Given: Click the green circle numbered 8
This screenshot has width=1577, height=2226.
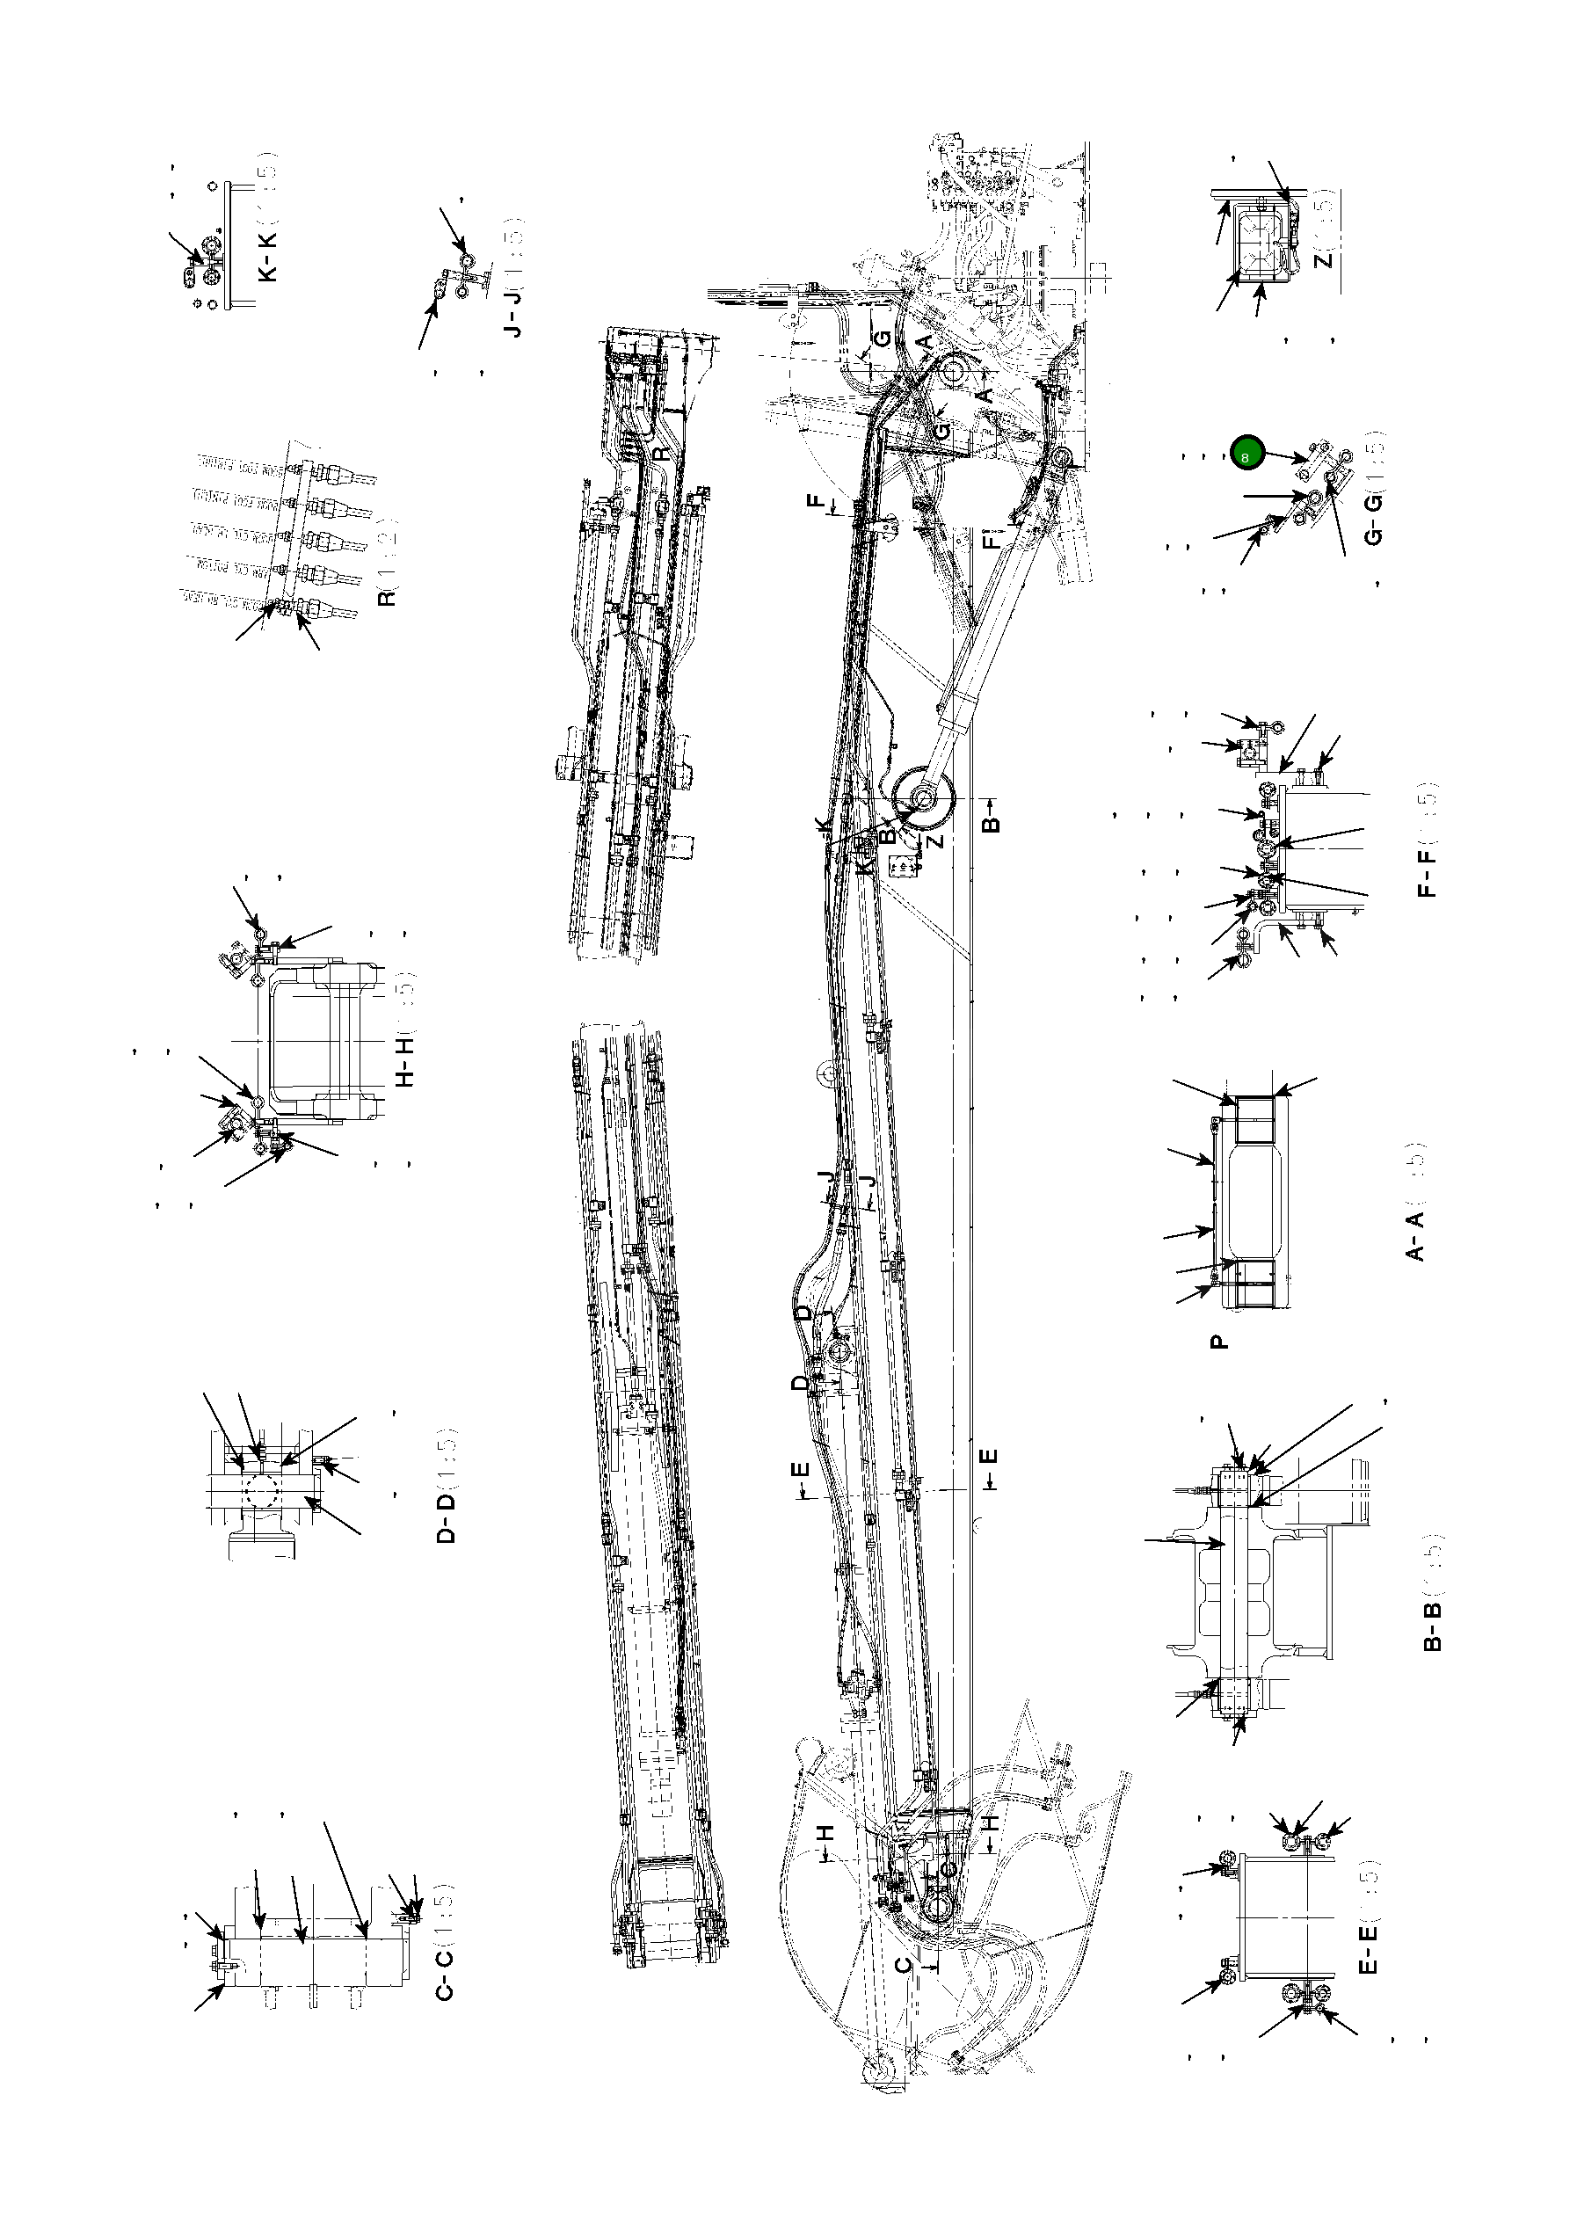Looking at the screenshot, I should coord(1246,453).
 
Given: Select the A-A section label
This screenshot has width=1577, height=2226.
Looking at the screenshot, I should coord(1416,1234).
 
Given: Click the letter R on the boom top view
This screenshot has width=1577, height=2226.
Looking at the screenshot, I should coord(660,453).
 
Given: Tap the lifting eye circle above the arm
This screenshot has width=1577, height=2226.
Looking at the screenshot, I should coord(829,1074).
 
